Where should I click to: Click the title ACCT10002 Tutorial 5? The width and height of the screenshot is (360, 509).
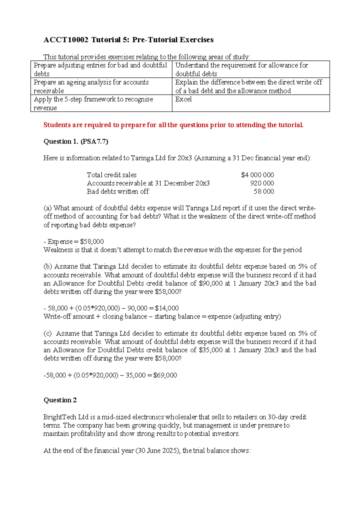tap(128, 40)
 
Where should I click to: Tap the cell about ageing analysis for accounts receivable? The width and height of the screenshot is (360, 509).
tap(101, 86)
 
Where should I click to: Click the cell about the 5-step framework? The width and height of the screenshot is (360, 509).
tap(101, 103)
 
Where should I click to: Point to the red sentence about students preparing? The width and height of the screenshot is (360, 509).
tap(173, 125)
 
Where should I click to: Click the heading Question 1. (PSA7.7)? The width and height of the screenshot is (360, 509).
tap(76, 141)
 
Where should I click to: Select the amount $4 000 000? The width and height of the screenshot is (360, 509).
tap(257, 175)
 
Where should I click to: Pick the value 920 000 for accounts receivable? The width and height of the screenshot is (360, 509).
tap(262, 183)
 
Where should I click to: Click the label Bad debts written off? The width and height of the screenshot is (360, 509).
tap(118, 191)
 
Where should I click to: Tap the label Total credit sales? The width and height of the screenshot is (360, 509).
tap(112, 175)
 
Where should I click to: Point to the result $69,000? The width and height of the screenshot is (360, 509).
tap(165, 375)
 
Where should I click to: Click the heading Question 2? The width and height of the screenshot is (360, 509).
tap(60, 400)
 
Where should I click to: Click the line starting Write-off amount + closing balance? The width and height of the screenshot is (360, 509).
tap(162, 317)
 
